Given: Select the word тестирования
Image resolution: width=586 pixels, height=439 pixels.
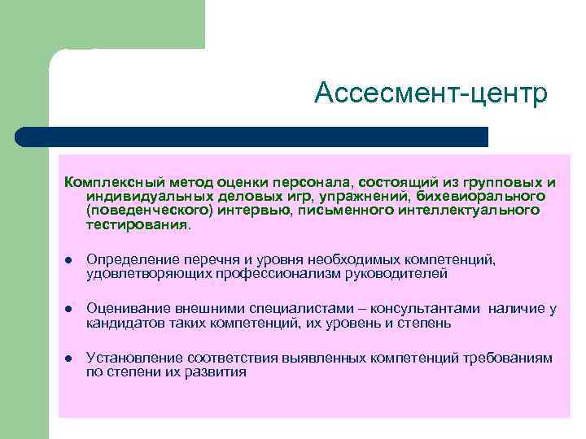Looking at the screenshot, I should pyautogui.click(x=136, y=224).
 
